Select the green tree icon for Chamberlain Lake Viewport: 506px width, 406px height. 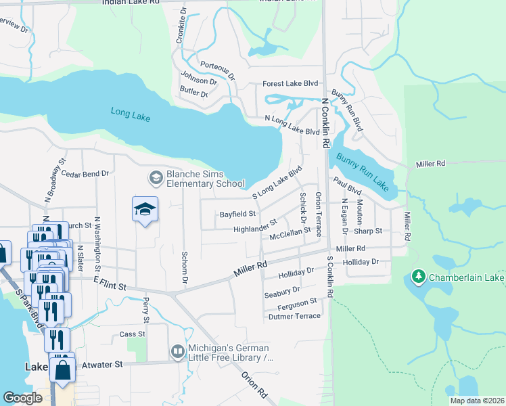coord(419,278)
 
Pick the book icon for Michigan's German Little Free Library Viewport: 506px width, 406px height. coord(177,351)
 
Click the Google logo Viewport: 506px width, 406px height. coord(22,398)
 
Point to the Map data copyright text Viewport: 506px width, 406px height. coord(477,401)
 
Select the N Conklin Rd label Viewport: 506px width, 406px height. coord(325,122)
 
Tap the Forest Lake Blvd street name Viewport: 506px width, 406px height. coord(290,84)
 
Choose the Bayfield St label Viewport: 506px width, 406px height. coord(237,214)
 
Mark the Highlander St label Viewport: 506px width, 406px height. coord(255,225)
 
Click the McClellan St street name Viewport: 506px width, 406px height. coord(290,234)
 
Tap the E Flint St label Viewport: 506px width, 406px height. coord(110,287)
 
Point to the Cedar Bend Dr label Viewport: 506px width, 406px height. coord(85,174)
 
